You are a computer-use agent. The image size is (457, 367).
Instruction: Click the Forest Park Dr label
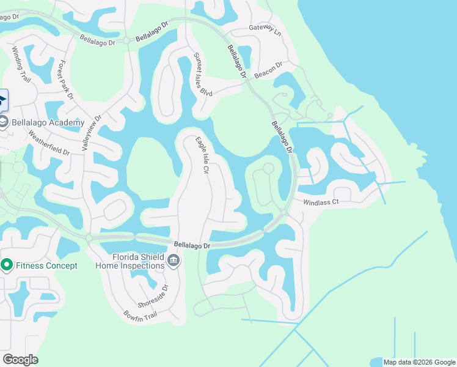tap(65, 80)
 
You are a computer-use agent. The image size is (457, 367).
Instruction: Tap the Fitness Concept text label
tap(46, 265)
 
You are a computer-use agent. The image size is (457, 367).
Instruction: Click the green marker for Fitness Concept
tap(7, 265)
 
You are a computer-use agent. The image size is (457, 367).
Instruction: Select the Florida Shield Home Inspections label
tap(130, 261)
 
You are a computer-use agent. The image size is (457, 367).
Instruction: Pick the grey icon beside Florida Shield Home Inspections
tap(174, 262)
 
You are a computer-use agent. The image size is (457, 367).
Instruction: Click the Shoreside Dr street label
tap(161, 298)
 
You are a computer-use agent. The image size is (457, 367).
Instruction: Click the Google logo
tap(20, 360)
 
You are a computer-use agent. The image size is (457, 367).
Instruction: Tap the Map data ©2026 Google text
tap(419, 362)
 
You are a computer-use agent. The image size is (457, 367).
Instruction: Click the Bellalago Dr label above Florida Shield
tap(191, 245)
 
